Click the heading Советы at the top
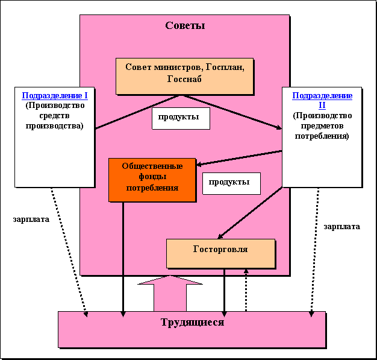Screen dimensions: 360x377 pos(185,26)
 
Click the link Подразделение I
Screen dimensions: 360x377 pos(55,96)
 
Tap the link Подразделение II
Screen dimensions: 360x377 pos(322,100)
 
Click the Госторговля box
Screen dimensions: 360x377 pos(220,249)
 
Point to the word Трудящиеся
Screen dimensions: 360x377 pos(192,322)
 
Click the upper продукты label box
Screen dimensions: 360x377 pos(179,117)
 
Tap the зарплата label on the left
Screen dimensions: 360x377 pos(31,219)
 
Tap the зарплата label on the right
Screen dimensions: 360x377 pos(341,227)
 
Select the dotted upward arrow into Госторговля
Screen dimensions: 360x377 pos(246,289)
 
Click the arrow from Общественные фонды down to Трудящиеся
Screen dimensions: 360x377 pos(123,259)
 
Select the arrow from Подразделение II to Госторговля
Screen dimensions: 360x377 pos(250,212)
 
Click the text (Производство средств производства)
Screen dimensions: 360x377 pos(54,115)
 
